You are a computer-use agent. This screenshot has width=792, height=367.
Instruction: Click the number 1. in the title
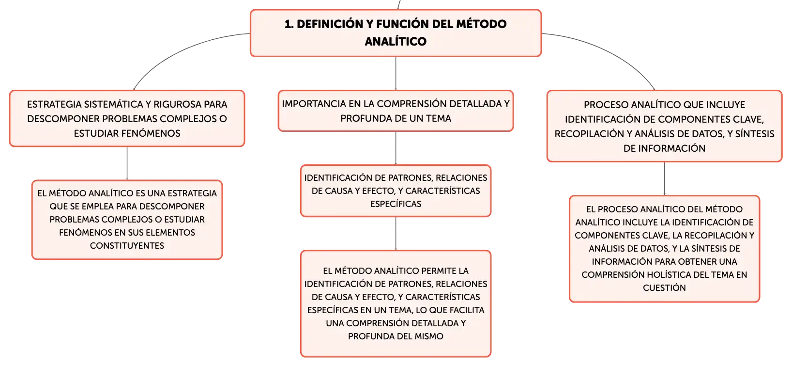pos(289,24)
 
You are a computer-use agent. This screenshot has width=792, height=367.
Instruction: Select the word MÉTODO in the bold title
pos(481,24)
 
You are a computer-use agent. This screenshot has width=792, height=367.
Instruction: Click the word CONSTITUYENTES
pos(127,245)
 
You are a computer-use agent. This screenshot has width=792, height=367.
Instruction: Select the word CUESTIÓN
pos(664,287)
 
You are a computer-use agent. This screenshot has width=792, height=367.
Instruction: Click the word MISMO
pos(429,336)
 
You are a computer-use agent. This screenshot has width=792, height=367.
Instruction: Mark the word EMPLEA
pos(97,206)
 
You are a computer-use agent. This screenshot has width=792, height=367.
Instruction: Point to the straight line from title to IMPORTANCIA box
pos(396,73)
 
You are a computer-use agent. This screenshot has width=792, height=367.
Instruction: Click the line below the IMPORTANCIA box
pos(396,148)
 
